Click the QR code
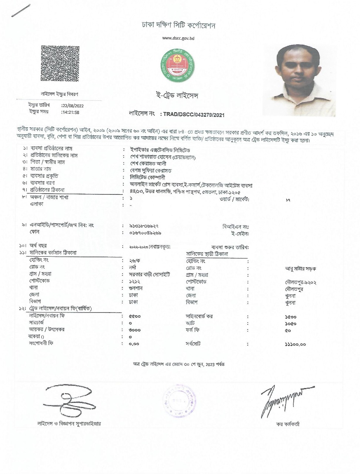pos(60,63)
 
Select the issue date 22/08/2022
pos(73,106)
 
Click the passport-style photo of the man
pos(301,80)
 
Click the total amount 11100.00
pos(295,344)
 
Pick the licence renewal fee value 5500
pos(134,317)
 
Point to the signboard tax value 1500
pos(291,317)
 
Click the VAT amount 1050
pos(291,324)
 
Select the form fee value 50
pos(288,330)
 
